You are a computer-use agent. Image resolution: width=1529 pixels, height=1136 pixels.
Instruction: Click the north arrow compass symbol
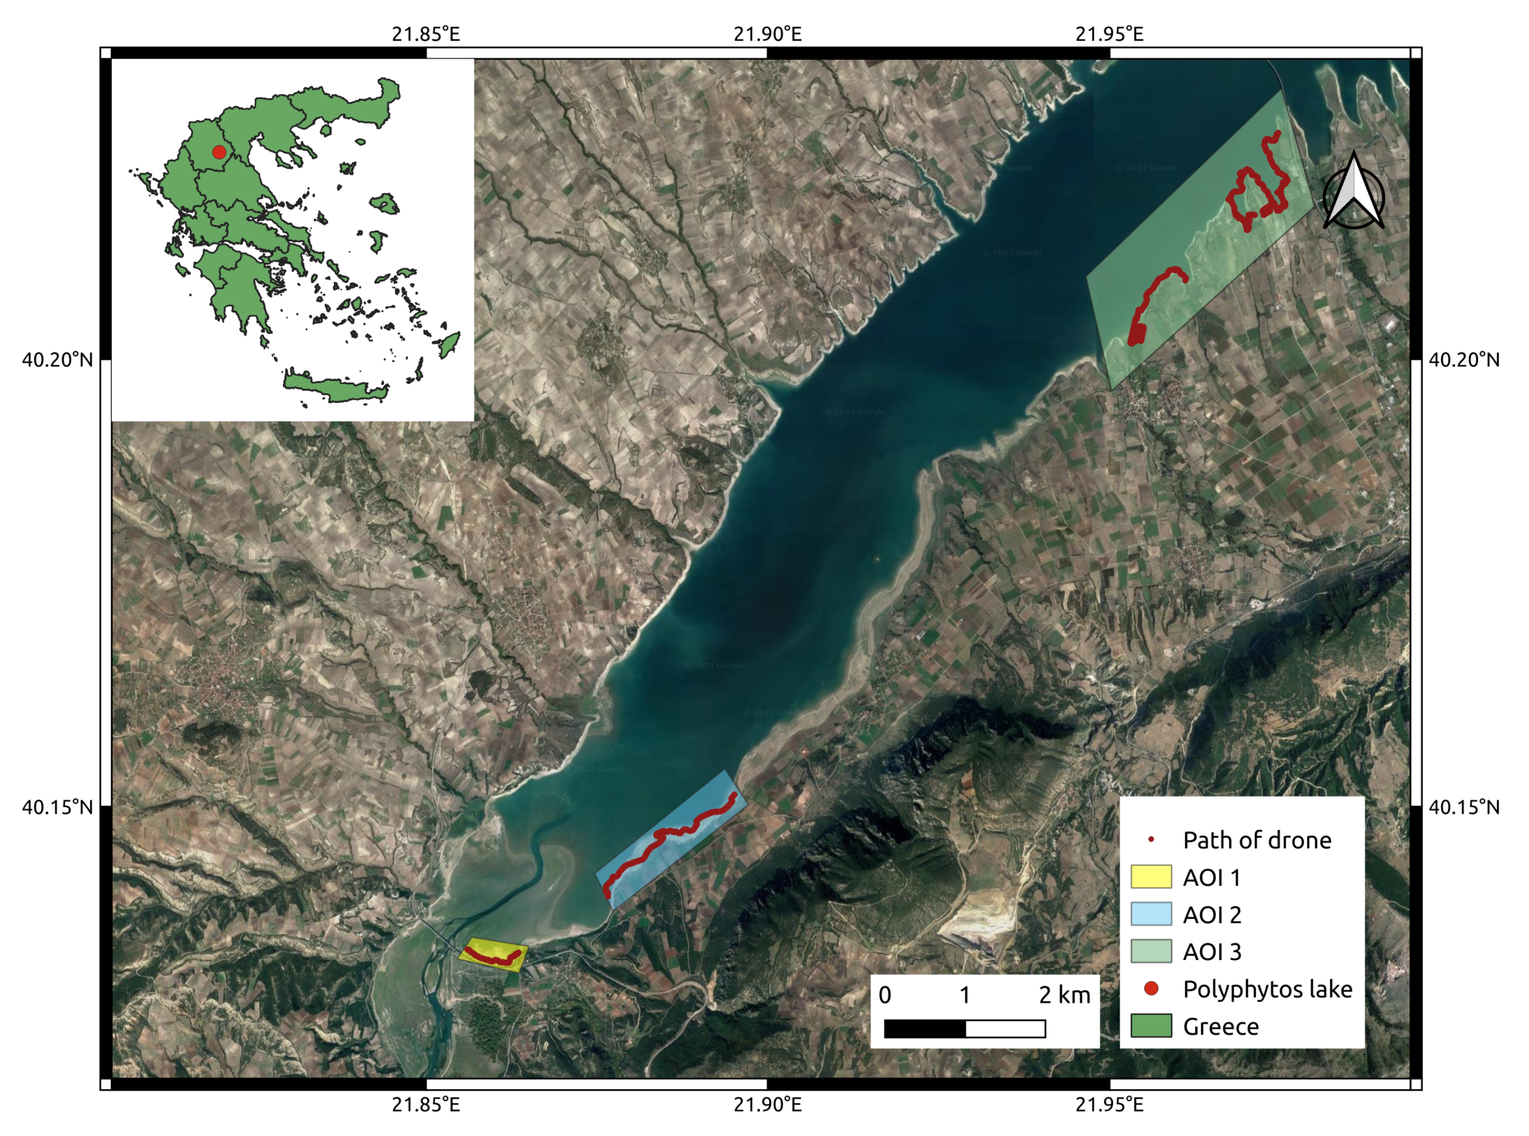coord(1353,192)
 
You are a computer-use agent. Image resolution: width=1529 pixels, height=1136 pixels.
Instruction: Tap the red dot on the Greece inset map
coord(219,152)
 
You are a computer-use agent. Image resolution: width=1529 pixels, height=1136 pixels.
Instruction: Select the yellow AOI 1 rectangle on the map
coord(493,954)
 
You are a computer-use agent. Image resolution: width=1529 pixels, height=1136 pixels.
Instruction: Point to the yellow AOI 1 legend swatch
coord(1151,877)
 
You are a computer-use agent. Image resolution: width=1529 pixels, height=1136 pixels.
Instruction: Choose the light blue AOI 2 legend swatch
coord(1151,914)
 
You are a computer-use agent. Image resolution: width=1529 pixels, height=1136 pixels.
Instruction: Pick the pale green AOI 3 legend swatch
coord(1151,951)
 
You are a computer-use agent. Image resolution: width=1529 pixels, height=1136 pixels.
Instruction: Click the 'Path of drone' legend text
coord(1257,840)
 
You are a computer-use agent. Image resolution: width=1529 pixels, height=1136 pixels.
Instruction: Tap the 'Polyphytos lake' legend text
coord(1267,989)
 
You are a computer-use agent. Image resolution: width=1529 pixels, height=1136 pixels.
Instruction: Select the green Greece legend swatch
coord(1151,1025)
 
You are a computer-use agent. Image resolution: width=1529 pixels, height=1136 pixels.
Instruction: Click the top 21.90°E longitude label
coord(767,33)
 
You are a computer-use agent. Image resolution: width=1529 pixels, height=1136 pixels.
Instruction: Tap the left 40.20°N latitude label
coord(57,360)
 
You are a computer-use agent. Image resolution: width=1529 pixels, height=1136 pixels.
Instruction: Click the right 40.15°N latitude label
coord(1464,807)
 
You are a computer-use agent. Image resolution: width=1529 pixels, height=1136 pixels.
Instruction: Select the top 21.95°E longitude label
coord(1109,33)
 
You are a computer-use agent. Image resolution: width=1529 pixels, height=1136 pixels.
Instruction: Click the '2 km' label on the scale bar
coord(1064,995)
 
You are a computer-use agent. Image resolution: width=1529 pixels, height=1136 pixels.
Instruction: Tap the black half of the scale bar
coord(924,1028)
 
